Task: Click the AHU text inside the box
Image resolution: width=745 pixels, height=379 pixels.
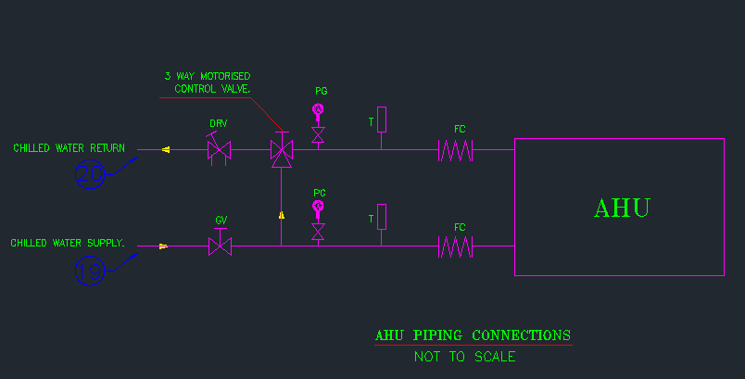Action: tap(621, 208)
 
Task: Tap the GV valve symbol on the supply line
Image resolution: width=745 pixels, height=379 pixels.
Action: tap(220, 246)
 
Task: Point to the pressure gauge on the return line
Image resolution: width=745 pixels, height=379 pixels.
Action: tap(318, 111)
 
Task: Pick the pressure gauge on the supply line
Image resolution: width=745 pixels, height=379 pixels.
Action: tap(318, 208)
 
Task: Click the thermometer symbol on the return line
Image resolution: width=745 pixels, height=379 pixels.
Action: tap(381, 120)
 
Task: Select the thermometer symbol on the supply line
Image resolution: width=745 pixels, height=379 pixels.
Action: tap(381, 217)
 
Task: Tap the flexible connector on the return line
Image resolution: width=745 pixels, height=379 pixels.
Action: tap(455, 150)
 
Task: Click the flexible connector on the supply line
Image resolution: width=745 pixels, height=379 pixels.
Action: tap(455, 246)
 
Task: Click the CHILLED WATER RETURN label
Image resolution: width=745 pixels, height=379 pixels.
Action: tap(69, 148)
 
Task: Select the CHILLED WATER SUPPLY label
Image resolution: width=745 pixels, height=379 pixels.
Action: tap(68, 243)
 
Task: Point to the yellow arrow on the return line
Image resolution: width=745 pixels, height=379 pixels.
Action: tap(166, 149)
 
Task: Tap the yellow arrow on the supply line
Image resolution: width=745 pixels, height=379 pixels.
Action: tap(164, 246)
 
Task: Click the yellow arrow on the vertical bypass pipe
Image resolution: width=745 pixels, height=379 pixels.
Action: tap(281, 215)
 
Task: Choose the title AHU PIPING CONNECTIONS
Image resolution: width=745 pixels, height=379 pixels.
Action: tap(473, 335)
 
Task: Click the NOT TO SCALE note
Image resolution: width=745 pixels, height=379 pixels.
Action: tap(464, 357)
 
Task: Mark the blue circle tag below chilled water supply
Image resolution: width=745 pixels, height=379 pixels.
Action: tap(91, 271)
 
